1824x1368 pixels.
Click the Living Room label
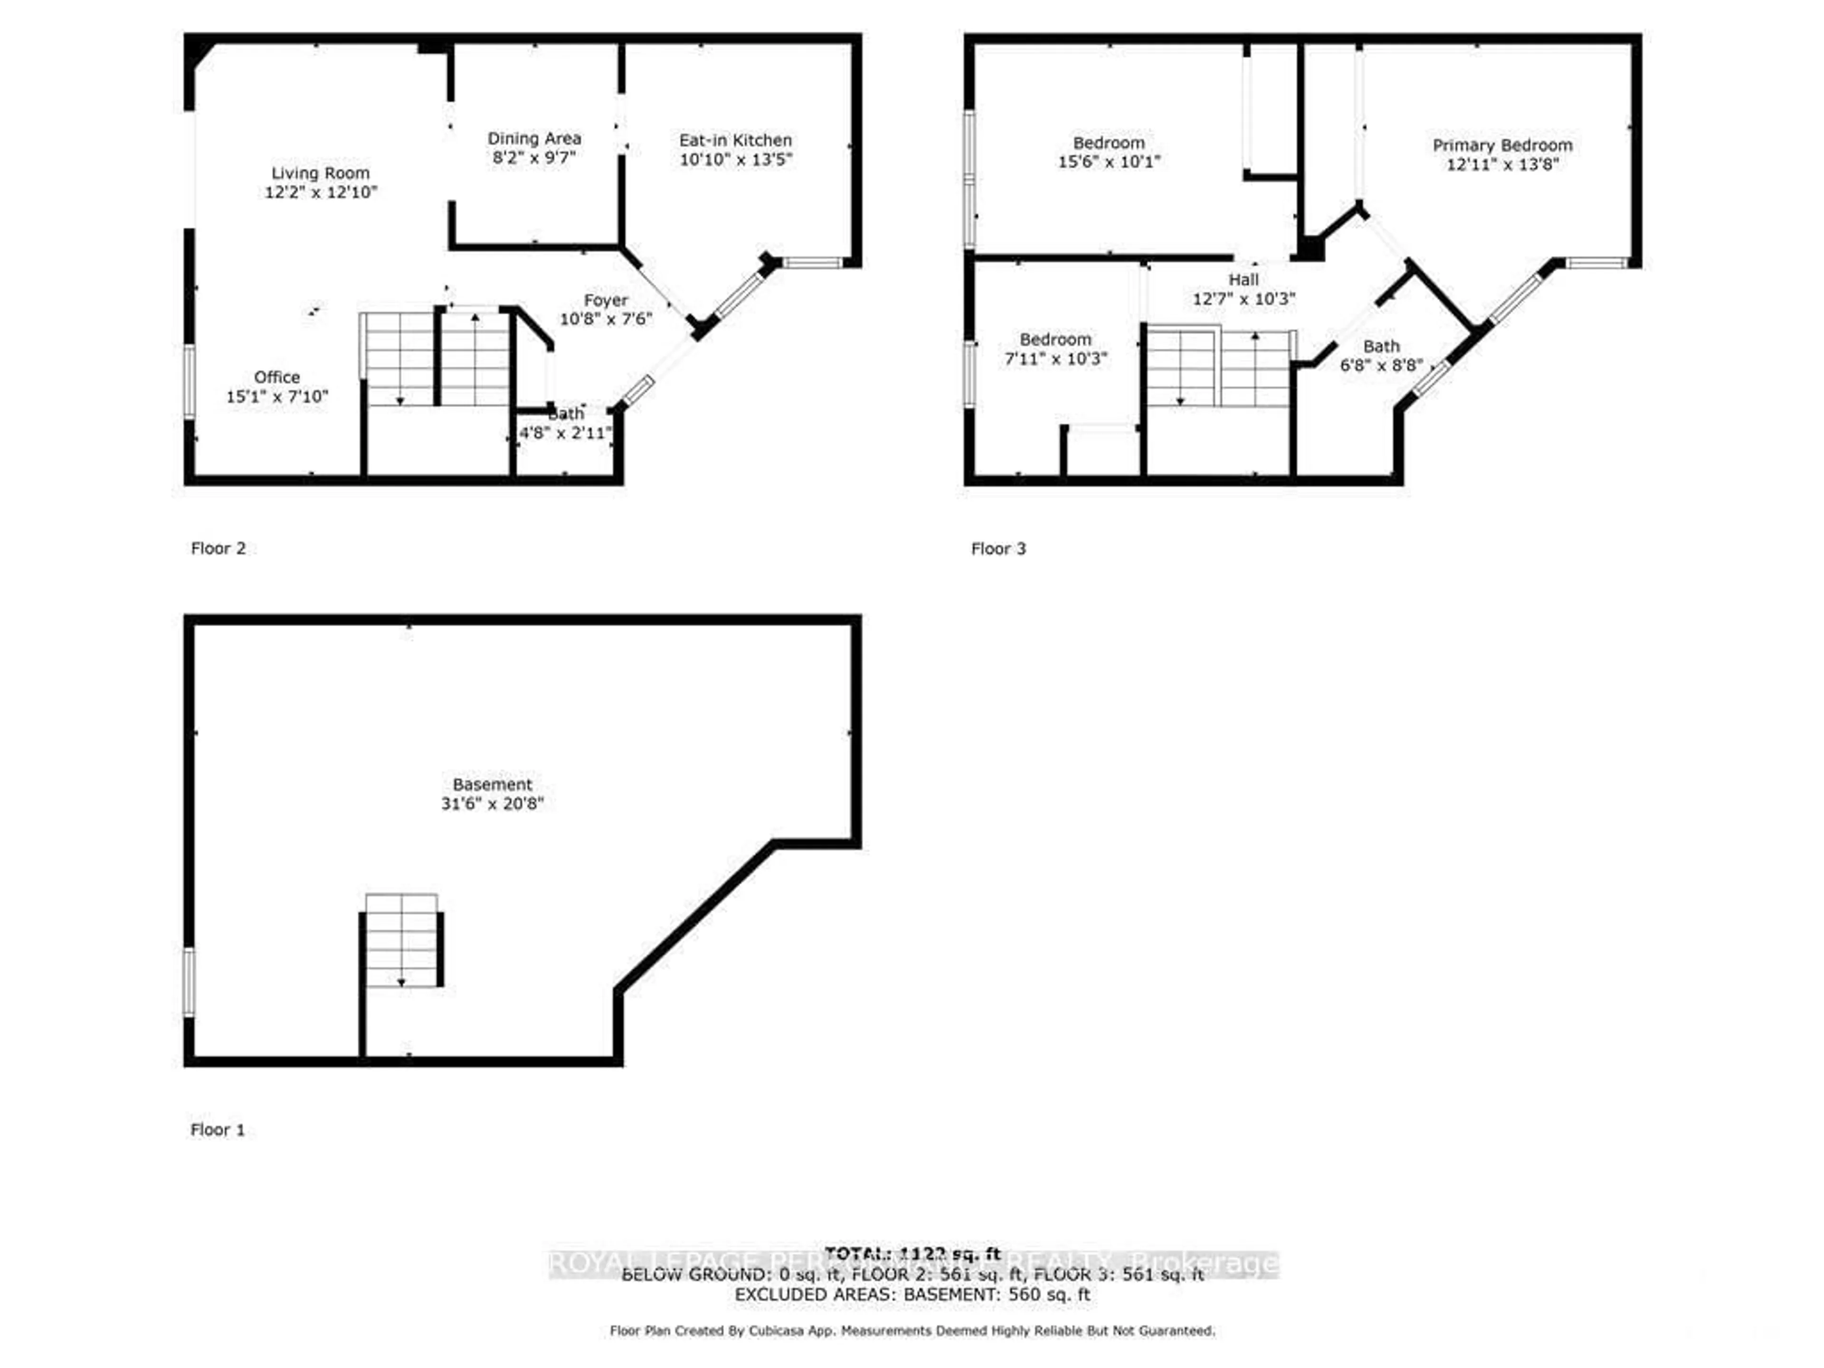[x=320, y=173]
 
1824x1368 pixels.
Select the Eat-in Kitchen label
[x=735, y=140]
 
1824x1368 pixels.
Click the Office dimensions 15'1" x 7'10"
[x=277, y=397]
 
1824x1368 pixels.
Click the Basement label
[x=492, y=784]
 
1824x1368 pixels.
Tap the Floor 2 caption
[x=218, y=548]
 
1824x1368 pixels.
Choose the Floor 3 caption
[x=998, y=548]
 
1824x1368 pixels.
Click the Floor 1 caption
[x=218, y=1130]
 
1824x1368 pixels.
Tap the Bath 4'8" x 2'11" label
[x=566, y=414]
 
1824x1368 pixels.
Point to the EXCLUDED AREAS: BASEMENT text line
[x=912, y=1294]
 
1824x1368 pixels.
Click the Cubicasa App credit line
[x=912, y=1330]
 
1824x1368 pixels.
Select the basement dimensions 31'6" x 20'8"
[x=492, y=803]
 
